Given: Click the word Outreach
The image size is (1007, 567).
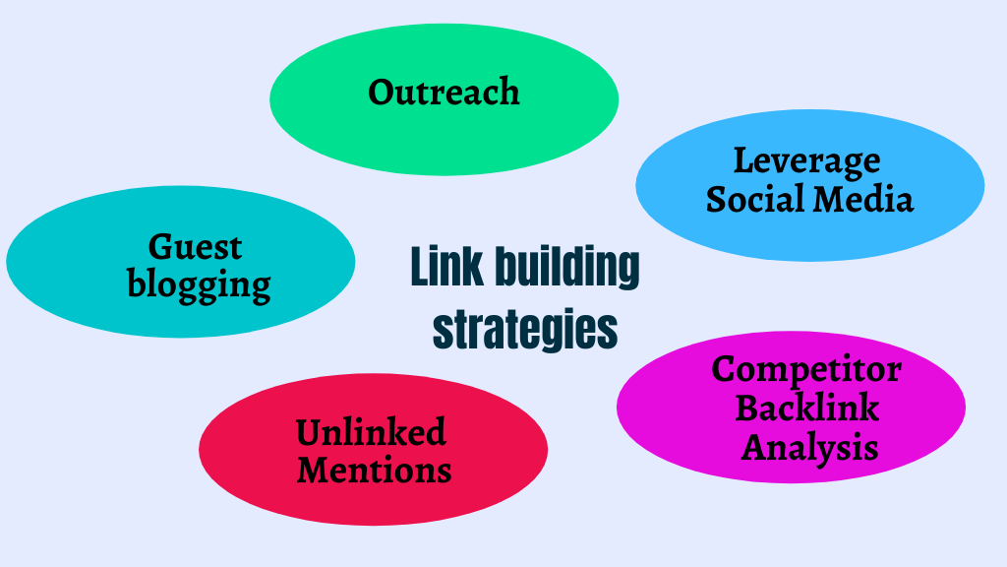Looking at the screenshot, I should pos(444,93).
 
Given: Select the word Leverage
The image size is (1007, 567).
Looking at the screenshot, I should pos(806,161).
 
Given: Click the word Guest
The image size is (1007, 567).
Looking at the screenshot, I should pos(195,246).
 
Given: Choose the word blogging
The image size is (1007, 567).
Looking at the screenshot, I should pos(199,285).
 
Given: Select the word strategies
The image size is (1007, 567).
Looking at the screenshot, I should pos(525,329).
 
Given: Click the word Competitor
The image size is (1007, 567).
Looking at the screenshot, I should pos(806,370).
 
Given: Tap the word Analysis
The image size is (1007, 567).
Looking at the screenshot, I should pos(809,448).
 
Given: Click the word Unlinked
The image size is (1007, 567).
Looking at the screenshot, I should pos(371,431).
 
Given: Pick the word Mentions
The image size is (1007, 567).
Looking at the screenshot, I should pos(374,470).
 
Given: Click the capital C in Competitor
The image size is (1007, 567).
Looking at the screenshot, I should pos(725,370).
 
